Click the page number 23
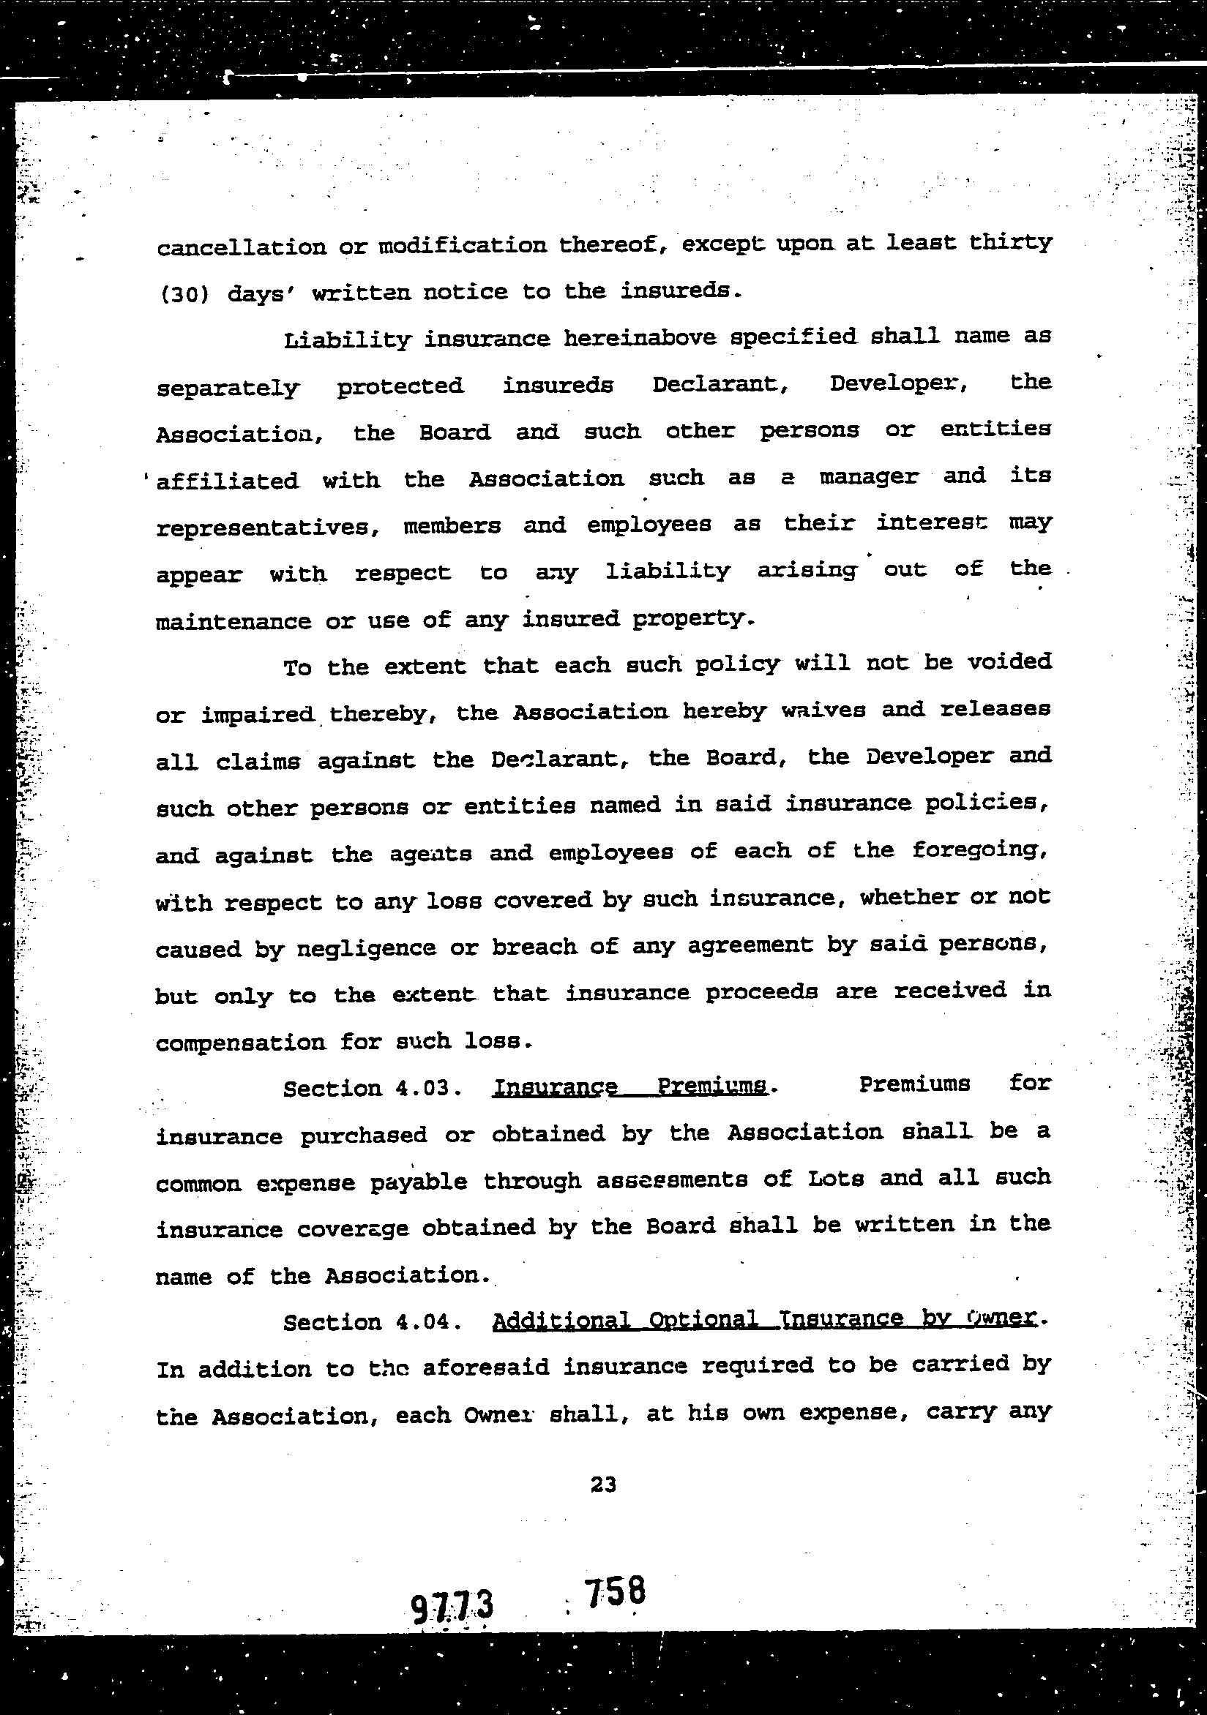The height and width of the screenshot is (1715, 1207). click(602, 1485)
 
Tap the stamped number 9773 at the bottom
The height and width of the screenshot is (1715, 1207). click(453, 1605)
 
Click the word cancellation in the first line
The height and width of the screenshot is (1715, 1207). click(241, 247)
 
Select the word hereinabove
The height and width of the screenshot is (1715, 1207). click(640, 337)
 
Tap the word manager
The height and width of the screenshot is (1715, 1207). click(868, 477)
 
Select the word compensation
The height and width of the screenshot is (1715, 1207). click(240, 1042)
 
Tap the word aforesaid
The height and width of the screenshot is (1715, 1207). click(487, 1367)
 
